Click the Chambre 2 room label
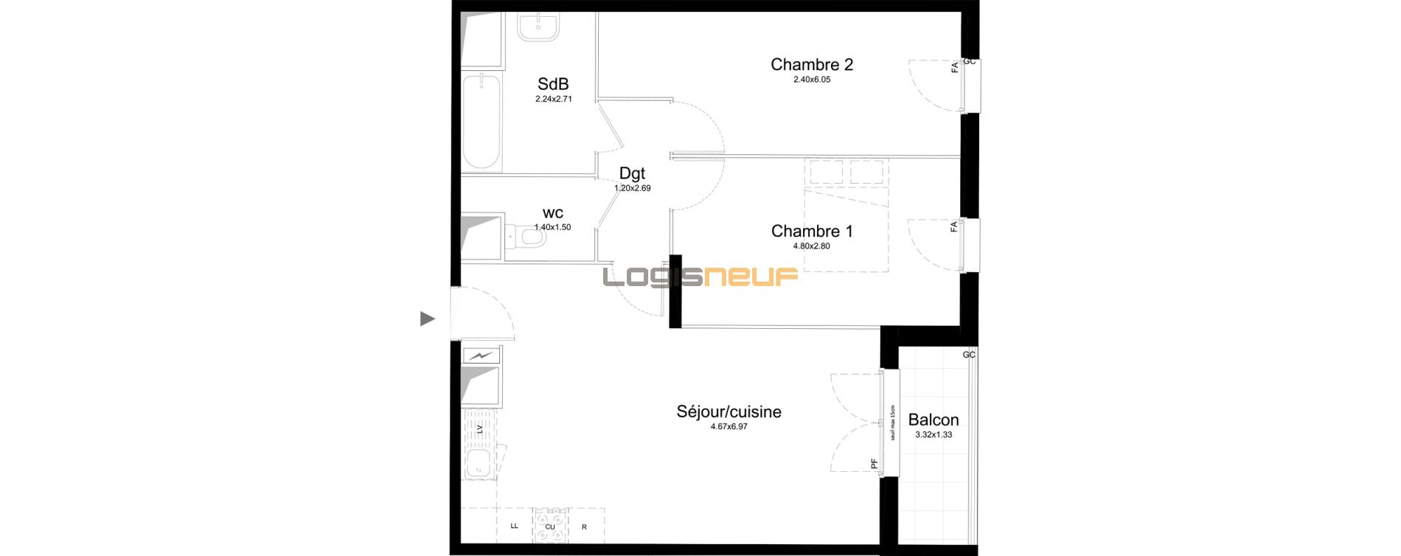pyautogui.click(x=812, y=65)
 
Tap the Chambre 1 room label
pyautogui.click(x=812, y=232)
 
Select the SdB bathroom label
pyautogui.click(x=553, y=84)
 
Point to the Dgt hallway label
pyautogui.click(x=632, y=173)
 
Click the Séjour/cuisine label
pyautogui.click(x=729, y=411)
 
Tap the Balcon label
pyautogui.click(x=934, y=420)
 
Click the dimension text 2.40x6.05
pyautogui.click(x=812, y=80)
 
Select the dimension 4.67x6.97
pyautogui.click(x=729, y=427)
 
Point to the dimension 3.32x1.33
pyautogui.click(x=934, y=435)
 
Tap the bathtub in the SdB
pyautogui.click(x=482, y=122)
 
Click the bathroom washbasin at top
pyautogui.click(x=538, y=26)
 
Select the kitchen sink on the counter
pyautogui.click(x=480, y=465)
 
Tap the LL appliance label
pyautogui.click(x=514, y=527)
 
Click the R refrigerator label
pyautogui.click(x=584, y=527)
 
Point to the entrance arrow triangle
pyautogui.click(x=427, y=319)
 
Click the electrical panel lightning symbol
pyautogui.click(x=481, y=355)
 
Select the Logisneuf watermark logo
pyautogui.click(x=700, y=277)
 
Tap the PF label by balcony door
pyautogui.click(x=875, y=465)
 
